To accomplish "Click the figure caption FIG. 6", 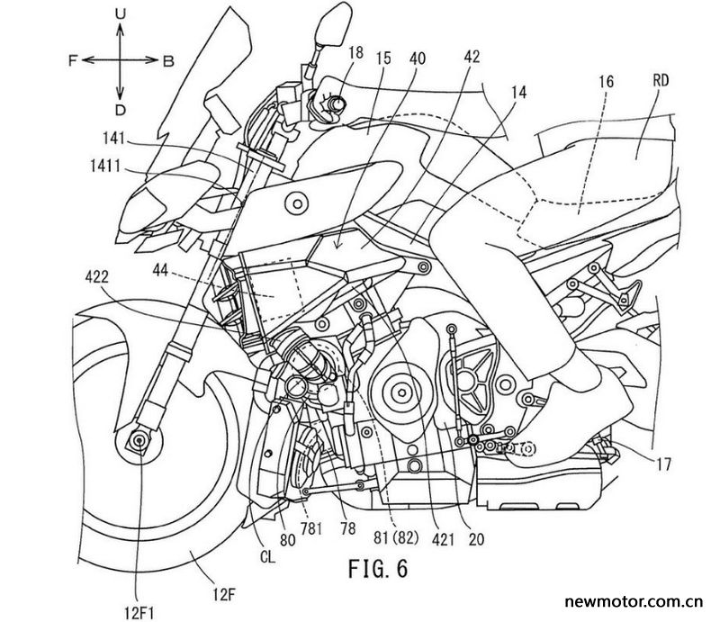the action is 378,568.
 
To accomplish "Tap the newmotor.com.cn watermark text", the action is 634,601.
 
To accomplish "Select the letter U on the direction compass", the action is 121,15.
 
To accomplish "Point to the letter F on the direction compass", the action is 73,60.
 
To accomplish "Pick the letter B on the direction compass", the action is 168,61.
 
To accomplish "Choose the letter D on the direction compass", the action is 121,110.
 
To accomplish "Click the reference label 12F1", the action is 139,612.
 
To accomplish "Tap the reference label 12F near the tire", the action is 224,596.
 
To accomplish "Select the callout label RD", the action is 661,81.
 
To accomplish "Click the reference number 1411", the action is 105,167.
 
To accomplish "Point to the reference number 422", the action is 97,277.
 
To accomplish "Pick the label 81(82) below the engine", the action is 396,538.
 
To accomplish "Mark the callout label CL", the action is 267,558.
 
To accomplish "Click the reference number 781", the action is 310,529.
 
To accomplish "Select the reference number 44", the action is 160,272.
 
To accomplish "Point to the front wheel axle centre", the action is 139,440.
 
